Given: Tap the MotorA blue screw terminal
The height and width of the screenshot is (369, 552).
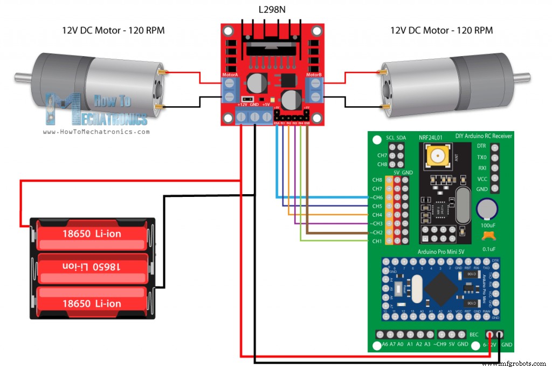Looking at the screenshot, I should pos(231,90).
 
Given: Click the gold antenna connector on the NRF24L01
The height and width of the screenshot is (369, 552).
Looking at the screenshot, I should pos(436,157).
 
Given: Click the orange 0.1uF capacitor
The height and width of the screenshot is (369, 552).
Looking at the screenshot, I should pos(488,235).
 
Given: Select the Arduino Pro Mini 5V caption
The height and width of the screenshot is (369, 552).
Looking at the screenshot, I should pos(440,252).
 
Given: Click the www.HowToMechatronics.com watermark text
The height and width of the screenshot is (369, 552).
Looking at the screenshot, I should pos(95,131).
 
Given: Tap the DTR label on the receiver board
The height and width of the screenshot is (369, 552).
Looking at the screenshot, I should pos(481,146).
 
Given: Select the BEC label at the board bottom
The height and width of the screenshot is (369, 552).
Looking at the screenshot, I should pos(474,334).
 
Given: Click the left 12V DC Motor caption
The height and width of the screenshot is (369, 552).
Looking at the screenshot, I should pos(113,30).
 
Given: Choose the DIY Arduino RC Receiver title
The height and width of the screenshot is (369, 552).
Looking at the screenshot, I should pos(484,135).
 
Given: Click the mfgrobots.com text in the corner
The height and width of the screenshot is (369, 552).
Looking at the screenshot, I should pos(515,364).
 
